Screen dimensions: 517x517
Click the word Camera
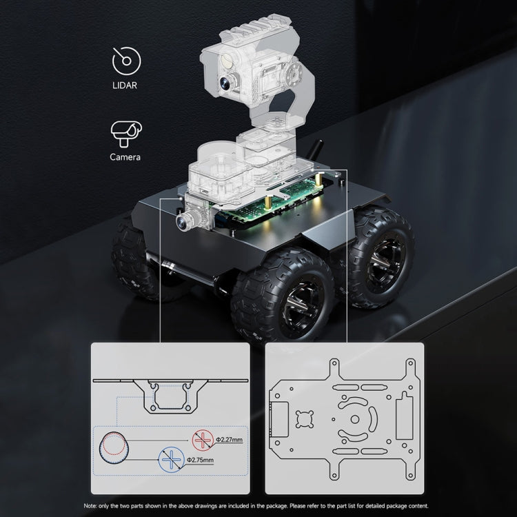pos(125,157)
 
